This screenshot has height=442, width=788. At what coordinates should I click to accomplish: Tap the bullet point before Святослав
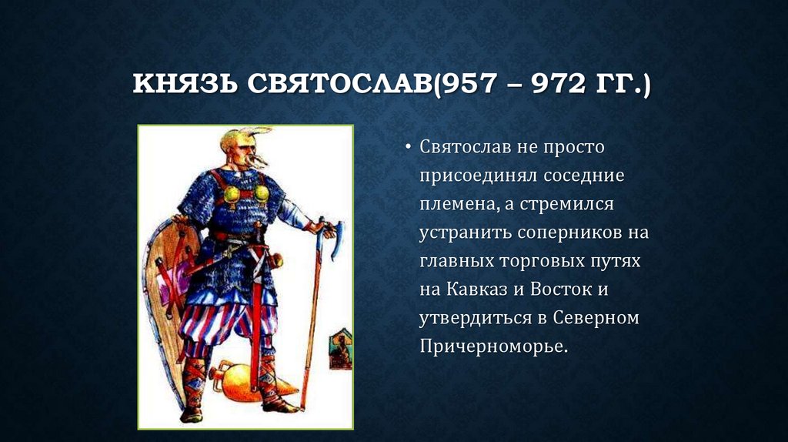[409, 147]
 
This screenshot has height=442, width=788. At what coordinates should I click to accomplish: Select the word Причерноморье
[493, 346]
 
